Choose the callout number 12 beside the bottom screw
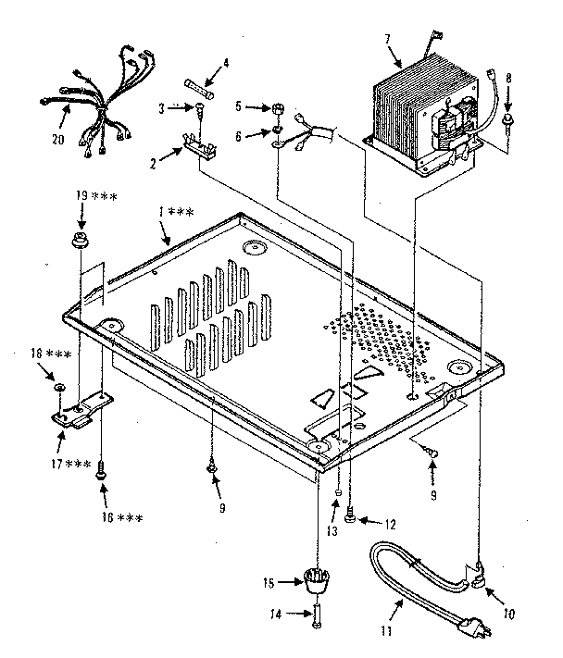coord(388,524)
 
